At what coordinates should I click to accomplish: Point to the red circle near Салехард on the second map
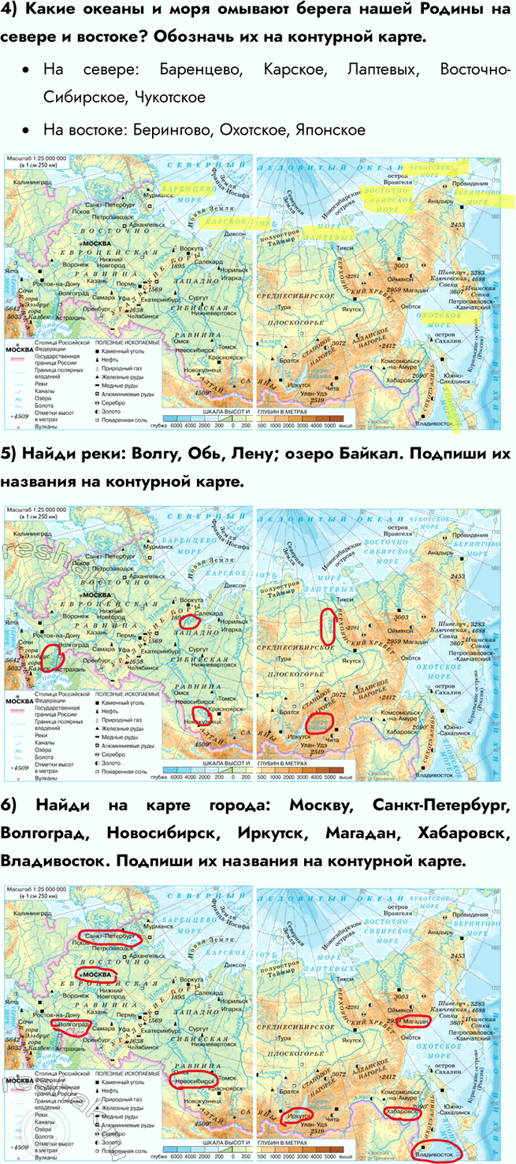point(193,622)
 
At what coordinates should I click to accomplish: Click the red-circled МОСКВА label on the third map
point(97,976)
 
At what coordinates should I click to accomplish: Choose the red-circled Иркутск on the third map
point(296,1118)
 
